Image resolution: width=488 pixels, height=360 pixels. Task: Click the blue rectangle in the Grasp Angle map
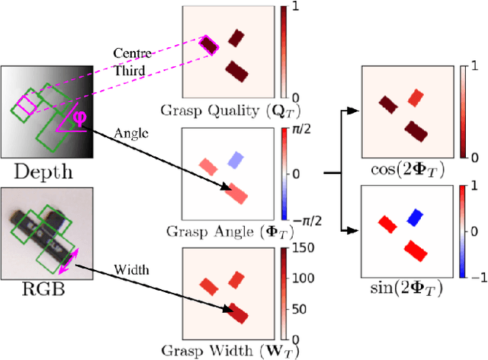pyautogui.click(x=236, y=160)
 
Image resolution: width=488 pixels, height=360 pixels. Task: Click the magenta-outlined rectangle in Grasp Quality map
pyautogui.click(x=208, y=47)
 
